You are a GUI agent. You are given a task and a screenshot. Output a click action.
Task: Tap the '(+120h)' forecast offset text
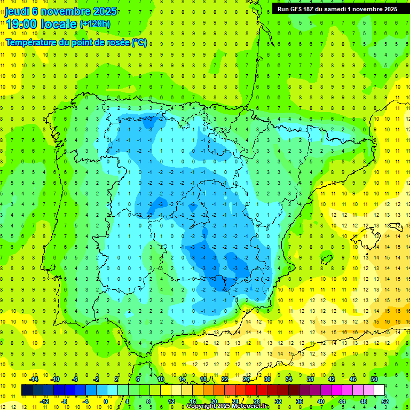coord(94,23)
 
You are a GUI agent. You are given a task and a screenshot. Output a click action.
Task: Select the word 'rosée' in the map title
coord(116,42)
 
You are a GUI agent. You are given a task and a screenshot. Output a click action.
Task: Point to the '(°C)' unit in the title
coord(139,42)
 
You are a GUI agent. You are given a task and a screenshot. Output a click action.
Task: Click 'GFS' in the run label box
coord(298,9)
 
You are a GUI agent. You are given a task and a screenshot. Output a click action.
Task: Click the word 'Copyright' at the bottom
coord(200,406)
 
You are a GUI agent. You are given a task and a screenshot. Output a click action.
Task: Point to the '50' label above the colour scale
coord(374,379)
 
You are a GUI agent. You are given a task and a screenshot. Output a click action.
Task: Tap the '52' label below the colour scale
coord(385,401)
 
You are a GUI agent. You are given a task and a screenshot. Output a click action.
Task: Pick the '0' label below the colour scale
coord(106,401)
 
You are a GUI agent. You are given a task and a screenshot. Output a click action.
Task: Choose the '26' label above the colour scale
coord(246,379)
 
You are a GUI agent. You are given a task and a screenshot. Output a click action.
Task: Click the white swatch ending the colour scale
coord(380,390)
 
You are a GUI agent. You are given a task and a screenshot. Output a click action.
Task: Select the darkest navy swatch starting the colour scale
coord(27,390)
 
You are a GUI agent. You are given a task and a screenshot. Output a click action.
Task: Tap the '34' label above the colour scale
coord(289,379)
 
